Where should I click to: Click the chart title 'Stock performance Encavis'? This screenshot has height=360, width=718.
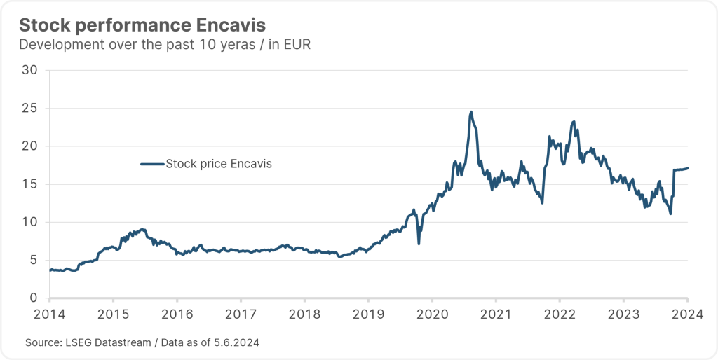[142, 25]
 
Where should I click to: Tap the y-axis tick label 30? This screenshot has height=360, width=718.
[30, 70]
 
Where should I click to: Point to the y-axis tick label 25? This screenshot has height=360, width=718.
[30, 109]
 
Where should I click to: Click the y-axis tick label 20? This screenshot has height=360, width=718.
[30, 146]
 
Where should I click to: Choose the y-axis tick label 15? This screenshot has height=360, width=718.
[30, 184]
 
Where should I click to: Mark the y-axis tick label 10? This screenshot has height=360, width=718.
[30, 222]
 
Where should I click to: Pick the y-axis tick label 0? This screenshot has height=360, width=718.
[34, 298]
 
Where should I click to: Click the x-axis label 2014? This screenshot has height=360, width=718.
[50, 314]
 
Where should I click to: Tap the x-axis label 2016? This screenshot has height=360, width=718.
[177, 314]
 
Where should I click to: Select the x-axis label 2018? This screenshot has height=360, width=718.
[305, 314]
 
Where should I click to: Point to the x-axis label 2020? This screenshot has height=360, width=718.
[432, 314]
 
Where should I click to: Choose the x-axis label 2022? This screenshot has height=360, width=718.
[560, 314]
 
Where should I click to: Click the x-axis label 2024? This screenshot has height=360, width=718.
[686, 314]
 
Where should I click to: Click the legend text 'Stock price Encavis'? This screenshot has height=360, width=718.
[218, 164]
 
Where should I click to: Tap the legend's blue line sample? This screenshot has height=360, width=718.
[151, 164]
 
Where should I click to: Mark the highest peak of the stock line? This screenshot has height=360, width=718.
[471, 112]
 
